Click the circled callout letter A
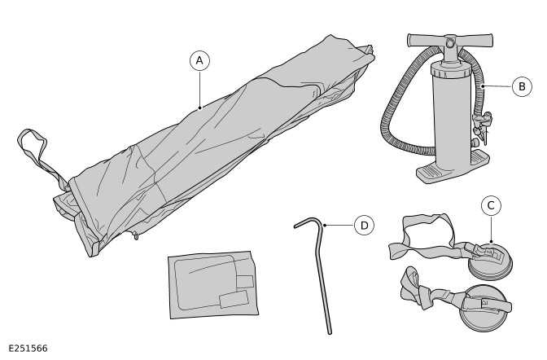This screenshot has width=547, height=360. coord(199,60)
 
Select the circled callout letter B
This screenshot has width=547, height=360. coord(522,86)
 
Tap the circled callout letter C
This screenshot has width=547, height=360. coord(490,206)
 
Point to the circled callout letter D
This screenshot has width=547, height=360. coord(364,226)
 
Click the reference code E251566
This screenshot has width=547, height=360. coord(28,349)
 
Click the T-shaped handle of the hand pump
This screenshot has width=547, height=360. coord(450,39)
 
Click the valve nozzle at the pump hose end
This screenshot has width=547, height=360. coord(482,126)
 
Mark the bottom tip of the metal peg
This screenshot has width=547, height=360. coord(330,331)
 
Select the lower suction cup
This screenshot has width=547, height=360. coord(484,310)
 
